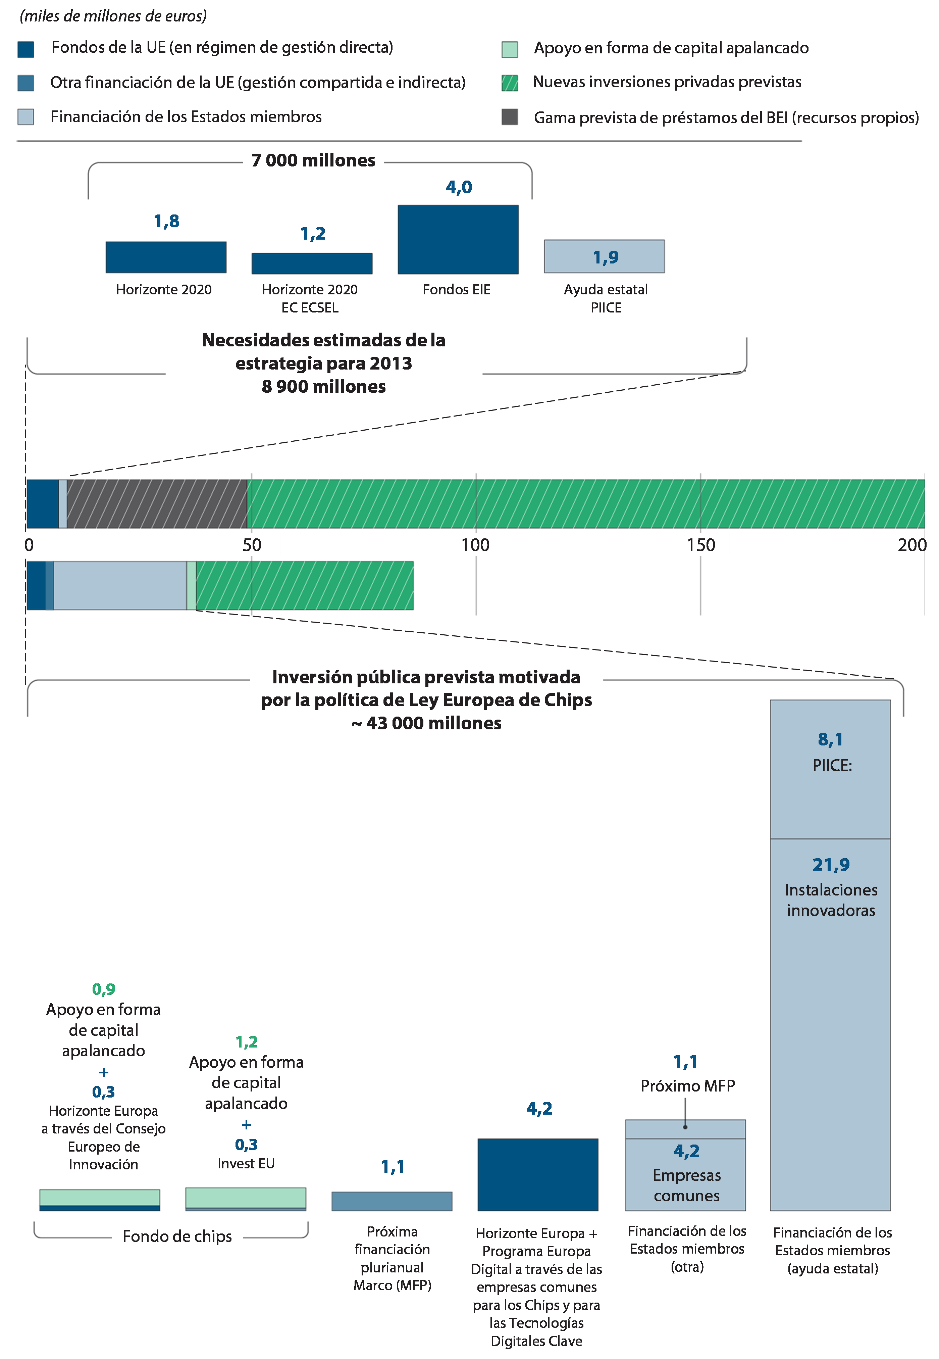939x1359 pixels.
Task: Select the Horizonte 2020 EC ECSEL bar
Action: (x=312, y=263)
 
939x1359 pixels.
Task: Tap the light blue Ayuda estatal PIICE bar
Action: (x=604, y=256)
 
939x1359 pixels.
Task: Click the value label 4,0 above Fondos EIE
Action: (x=459, y=187)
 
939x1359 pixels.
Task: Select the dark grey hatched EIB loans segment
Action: (x=157, y=504)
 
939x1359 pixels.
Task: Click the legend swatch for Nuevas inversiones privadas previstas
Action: (x=510, y=83)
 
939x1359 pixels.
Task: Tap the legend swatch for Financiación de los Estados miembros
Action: (x=26, y=116)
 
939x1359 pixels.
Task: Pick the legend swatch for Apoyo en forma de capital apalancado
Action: (x=510, y=49)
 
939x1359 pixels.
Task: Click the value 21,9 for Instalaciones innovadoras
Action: (x=831, y=865)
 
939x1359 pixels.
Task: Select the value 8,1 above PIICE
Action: (x=830, y=739)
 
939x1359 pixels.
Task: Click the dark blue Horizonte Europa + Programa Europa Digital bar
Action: (x=538, y=1174)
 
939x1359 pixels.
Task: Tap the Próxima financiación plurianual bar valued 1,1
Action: (x=392, y=1201)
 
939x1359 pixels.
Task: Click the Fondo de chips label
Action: (x=177, y=1236)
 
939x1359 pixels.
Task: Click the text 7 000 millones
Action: (x=313, y=160)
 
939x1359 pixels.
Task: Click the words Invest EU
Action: (x=246, y=1164)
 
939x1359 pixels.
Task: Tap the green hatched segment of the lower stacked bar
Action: (x=305, y=586)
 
